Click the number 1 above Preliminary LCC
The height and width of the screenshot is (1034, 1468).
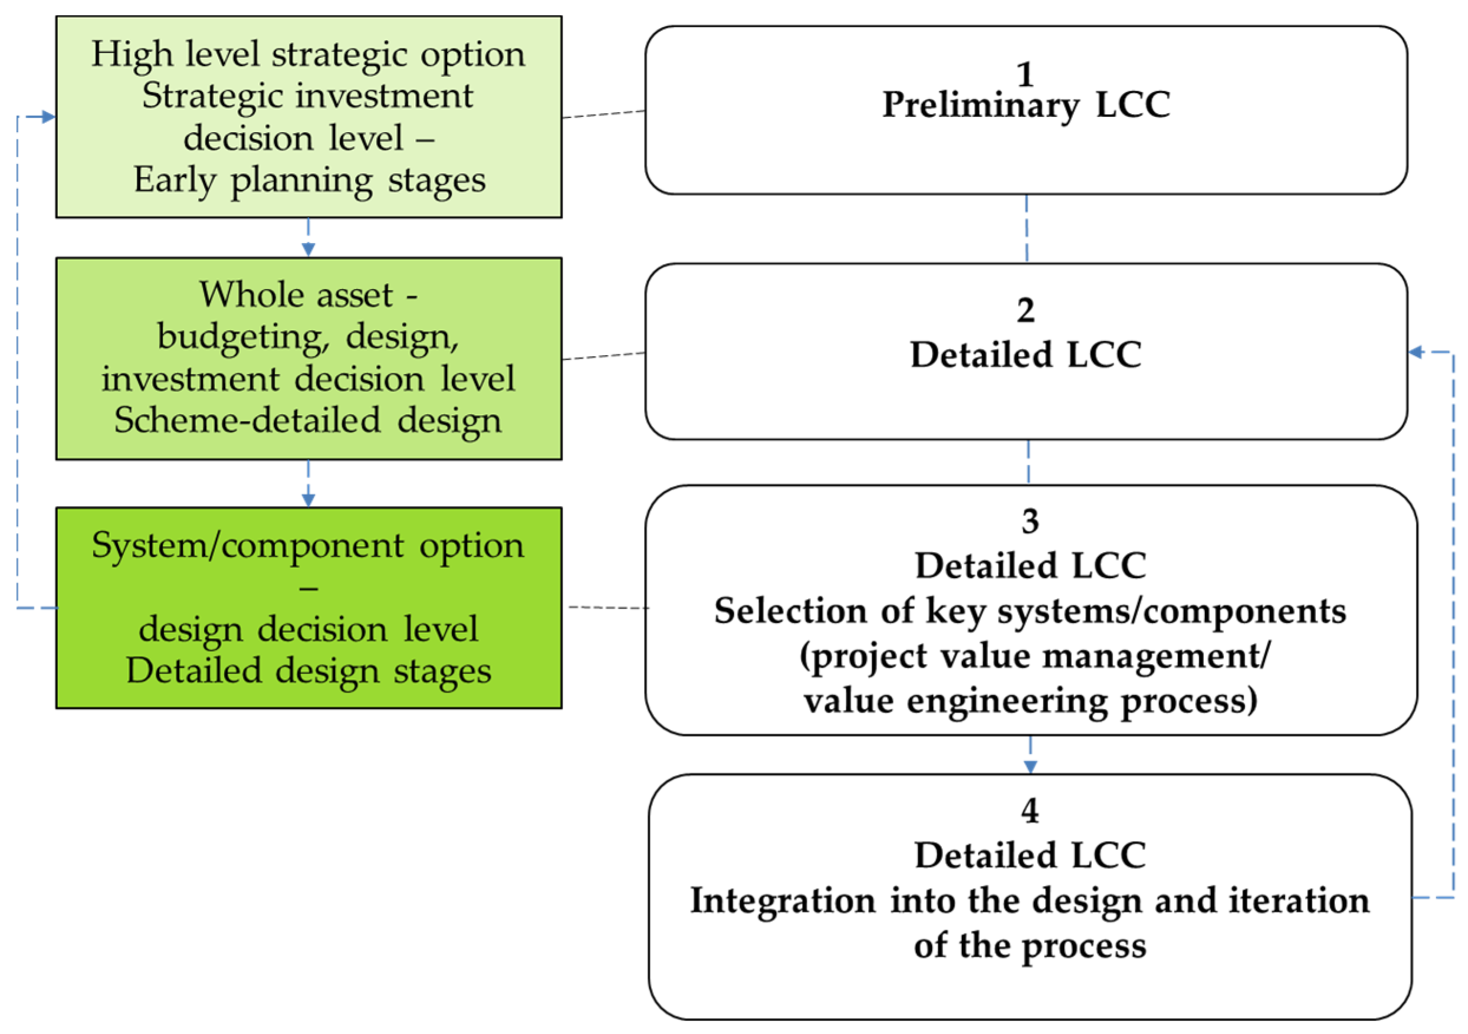click(x=1026, y=74)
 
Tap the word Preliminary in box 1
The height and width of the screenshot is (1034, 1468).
click(x=981, y=106)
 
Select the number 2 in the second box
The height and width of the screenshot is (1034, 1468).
click(x=1026, y=311)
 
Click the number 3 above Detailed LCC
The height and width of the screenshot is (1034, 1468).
click(x=1029, y=521)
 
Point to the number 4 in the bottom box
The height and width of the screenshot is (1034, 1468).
click(x=1029, y=811)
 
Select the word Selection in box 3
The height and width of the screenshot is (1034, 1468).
click(x=790, y=610)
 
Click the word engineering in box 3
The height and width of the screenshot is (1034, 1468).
click(x=1007, y=701)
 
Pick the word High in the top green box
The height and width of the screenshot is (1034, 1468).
click(x=132, y=54)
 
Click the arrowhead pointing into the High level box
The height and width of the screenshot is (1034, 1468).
click(x=48, y=117)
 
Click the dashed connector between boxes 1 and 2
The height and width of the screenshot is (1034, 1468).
click(x=1027, y=229)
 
